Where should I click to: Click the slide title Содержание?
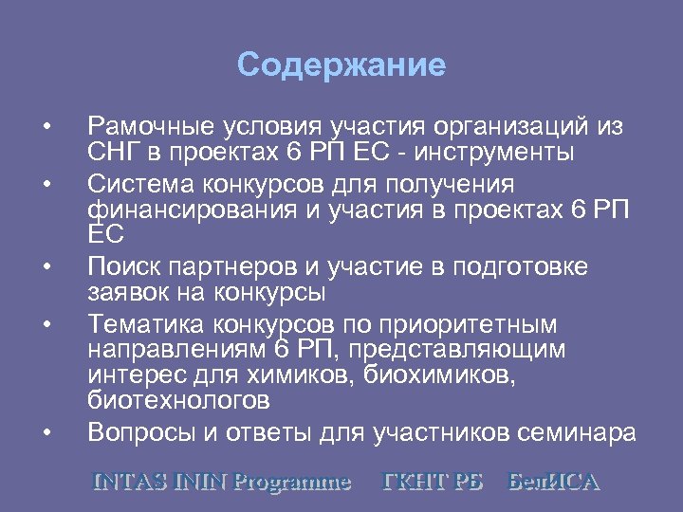coord(341,65)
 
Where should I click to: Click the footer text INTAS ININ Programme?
coord(220,481)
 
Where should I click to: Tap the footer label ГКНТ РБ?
coord(432,481)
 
